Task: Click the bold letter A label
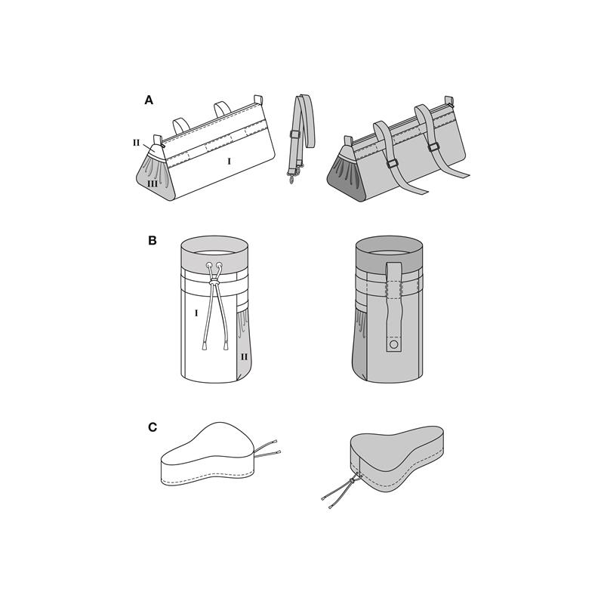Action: [x=149, y=100]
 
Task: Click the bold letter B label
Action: [x=153, y=241]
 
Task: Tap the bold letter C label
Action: [x=153, y=427]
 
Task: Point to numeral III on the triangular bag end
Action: [x=153, y=184]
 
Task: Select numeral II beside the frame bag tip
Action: [x=137, y=143]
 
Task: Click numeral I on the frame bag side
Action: [x=230, y=161]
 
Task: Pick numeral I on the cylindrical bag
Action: [x=196, y=313]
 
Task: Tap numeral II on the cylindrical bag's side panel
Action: [x=244, y=357]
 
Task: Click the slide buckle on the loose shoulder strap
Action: [x=294, y=134]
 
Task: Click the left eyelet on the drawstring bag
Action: [x=209, y=265]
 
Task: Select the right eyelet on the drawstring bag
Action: [x=220, y=265]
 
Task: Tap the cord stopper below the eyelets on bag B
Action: [x=214, y=283]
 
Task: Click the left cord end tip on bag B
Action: [x=203, y=347]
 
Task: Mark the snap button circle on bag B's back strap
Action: [x=393, y=344]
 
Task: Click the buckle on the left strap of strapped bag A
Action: [x=392, y=163]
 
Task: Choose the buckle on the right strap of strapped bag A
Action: [x=434, y=148]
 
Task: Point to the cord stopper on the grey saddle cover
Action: [x=352, y=480]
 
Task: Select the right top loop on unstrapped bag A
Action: [x=222, y=108]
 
